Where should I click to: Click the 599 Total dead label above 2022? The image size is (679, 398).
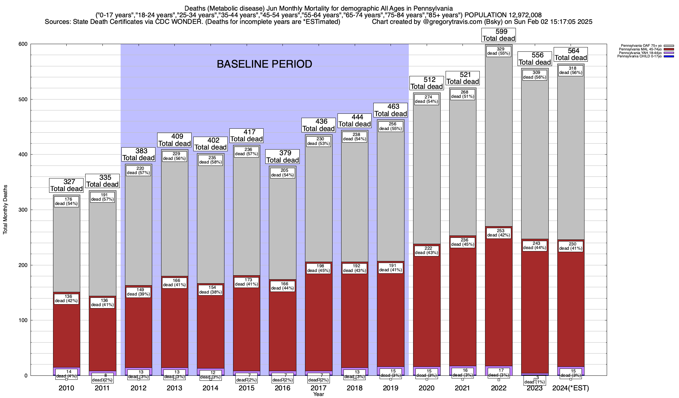coord(499,35)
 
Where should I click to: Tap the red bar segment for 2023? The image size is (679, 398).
coord(535,315)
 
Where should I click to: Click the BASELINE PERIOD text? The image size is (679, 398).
coord(264,64)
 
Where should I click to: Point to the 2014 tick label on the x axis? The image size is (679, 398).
coord(211,388)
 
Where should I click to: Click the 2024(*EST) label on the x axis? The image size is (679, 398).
coord(571,388)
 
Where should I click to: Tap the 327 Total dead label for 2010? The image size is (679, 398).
coord(66,185)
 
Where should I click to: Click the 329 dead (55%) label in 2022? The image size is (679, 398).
coord(499,51)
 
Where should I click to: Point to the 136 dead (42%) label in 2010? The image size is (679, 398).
coord(66,299)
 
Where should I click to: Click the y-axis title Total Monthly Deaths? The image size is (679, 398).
coord(5,210)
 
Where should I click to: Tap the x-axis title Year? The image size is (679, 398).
coord(319,394)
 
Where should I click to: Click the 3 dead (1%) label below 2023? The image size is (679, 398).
coord(535,380)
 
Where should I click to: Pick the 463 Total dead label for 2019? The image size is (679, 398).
coord(391,110)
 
